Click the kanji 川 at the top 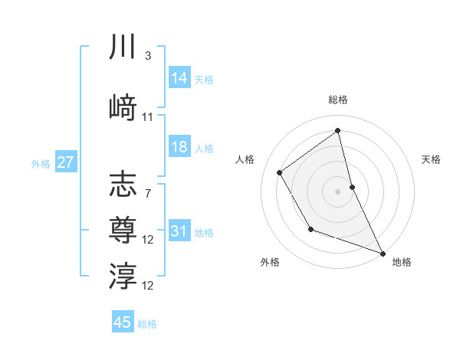pos(123,46)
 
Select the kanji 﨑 pos(123,107)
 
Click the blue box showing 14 pos(179,78)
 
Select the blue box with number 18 pos(179,148)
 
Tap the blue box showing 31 pos(179,231)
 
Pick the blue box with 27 pos(65,162)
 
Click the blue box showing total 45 pos(123,322)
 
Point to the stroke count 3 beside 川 pos(147,56)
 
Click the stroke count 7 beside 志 pos(147,193)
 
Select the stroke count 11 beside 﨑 pos(148,117)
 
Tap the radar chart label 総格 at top pos(338,100)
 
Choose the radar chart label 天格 pos(431,159)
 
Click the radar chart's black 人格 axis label pos(245,159)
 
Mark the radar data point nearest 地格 pos(383,254)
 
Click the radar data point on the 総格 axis pos(338,131)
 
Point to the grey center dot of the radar pos(338,191)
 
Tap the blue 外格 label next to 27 pos(41,163)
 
